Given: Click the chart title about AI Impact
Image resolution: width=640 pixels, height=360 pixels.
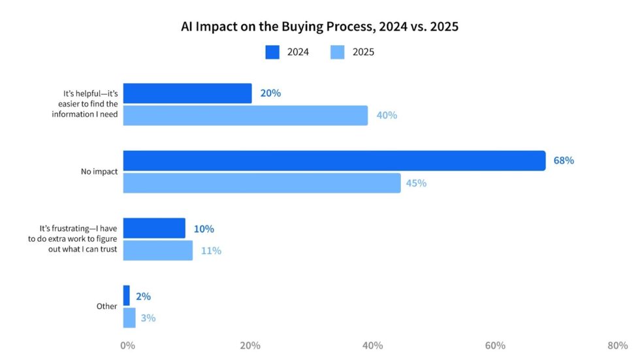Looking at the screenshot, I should coord(320,27).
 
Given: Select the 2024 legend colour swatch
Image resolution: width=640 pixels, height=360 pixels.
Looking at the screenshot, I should coord(272,52).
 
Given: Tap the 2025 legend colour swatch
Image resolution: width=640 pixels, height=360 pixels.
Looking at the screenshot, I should coord(338,52).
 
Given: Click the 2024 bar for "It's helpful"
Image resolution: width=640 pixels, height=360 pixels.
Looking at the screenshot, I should coord(187,93).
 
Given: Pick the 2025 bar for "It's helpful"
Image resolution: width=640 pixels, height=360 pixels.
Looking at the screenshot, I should coord(246,116).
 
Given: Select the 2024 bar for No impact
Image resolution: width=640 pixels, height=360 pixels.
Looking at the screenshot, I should coord(334,161).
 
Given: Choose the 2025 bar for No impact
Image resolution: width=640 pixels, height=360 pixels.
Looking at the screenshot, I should coord(262,184).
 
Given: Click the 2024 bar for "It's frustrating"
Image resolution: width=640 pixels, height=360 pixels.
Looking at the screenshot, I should coord(154,229).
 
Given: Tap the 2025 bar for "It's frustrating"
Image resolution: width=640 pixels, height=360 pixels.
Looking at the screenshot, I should coord(158,250).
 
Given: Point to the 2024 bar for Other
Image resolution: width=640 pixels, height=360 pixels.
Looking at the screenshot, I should coord(127,296).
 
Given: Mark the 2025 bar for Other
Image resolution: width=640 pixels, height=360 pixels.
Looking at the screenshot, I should coord(129,318).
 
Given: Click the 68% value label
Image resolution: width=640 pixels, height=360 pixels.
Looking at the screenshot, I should coord(564,161).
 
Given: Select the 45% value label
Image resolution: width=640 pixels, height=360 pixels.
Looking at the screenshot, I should coord(416,184).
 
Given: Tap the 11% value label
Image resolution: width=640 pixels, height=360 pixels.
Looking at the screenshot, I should coord(211,251).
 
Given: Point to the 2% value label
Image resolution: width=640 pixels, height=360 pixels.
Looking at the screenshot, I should coord(144,297).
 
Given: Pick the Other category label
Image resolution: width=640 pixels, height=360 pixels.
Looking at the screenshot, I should coord(106,306).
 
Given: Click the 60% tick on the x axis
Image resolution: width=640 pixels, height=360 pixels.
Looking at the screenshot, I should coord(495,345).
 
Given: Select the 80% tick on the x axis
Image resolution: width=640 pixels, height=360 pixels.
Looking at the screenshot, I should coord(618,345).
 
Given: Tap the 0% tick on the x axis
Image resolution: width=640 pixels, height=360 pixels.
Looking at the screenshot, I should coord(128,345).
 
